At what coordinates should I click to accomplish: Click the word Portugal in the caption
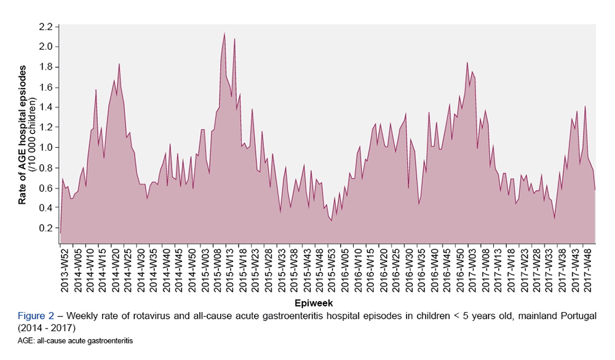click(578, 316)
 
